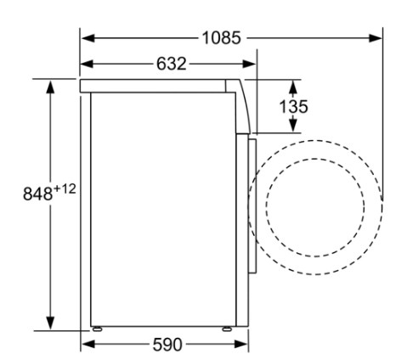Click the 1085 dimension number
point(222,38)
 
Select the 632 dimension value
point(172,64)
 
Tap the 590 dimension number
point(167,345)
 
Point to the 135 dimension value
point(293,107)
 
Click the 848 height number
point(37,194)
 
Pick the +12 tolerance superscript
point(65,188)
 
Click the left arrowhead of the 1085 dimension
point(88,38)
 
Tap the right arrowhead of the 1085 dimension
point(376,38)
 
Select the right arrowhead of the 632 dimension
point(249,64)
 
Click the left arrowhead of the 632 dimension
point(87,64)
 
